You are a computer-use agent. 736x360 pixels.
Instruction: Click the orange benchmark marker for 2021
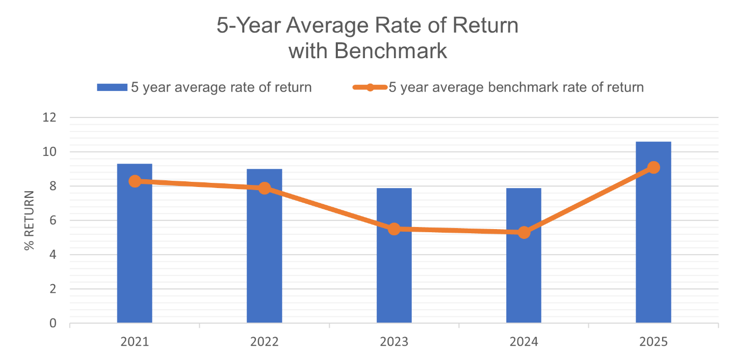coord(135,181)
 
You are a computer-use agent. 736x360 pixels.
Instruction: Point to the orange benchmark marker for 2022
coord(265,188)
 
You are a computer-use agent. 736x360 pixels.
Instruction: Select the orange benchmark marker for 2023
coord(394,229)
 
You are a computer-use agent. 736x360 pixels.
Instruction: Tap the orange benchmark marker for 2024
coord(524,232)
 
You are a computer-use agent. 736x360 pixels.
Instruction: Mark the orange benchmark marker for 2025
coord(653,167)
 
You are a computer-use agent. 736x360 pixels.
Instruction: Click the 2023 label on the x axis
coord(394,342)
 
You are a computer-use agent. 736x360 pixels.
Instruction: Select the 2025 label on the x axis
coord(653,342)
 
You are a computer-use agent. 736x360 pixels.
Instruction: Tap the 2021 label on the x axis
coord(135,342)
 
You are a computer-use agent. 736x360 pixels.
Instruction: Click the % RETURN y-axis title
coord(29,221)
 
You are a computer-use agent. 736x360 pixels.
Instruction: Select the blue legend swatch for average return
coord(112,87)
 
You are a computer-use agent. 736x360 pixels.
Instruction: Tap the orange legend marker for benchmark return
coord(370,87)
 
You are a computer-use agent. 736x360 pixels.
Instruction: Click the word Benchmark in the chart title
coord(390,51)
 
